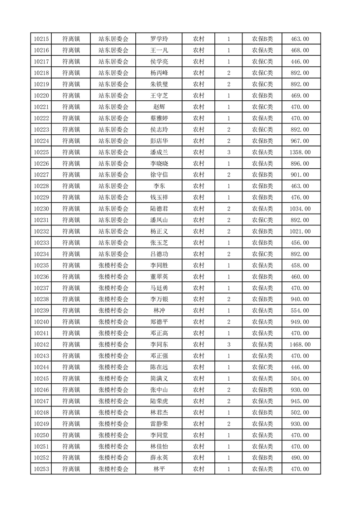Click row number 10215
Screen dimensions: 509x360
click(41, 39)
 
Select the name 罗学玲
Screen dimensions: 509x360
click(159, 39)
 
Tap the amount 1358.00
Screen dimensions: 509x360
click(300, 152)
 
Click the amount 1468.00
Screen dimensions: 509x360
click(300, 345)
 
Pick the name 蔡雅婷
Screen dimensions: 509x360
click(159, 118)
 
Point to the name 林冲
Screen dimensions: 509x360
click(159, 311)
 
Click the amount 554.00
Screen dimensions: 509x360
click(300, 311)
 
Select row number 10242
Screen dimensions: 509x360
click(41, 345)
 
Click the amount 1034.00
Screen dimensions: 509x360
click(300, 209)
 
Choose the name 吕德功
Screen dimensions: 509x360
click(159, 254)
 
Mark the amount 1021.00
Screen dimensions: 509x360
click(300, 231)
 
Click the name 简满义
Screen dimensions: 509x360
click(159, 379)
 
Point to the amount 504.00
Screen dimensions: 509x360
click(300, 379)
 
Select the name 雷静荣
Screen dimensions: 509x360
click(159, 424)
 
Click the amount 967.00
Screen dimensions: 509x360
click(300, 141)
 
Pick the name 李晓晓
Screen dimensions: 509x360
click(159, 163)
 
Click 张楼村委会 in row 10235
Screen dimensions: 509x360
click(113, 265)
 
